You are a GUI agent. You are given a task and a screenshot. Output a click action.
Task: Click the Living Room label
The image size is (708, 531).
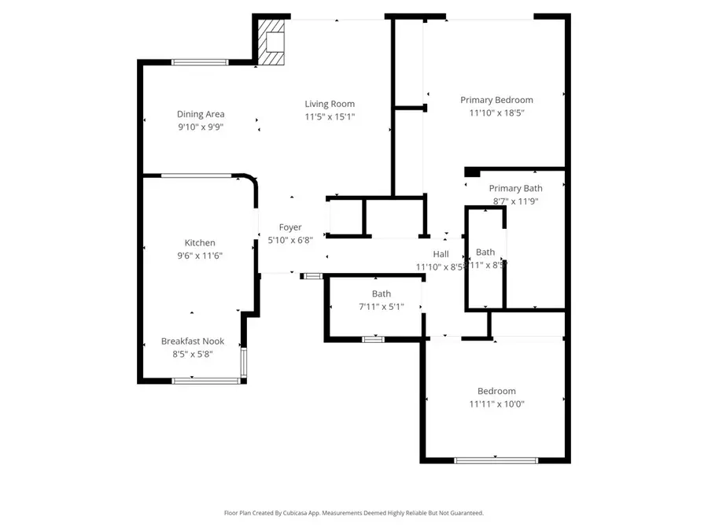[330, 104]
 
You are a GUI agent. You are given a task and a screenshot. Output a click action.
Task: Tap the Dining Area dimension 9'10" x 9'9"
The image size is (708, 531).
[200, 127]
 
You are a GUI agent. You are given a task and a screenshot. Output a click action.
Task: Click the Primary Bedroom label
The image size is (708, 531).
[496, 100]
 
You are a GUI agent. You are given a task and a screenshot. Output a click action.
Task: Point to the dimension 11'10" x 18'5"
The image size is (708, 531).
[496, 112]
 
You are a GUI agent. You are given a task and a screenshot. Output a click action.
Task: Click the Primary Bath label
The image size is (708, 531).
[515, 188]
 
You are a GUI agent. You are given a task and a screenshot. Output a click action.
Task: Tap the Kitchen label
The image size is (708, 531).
[200, 243]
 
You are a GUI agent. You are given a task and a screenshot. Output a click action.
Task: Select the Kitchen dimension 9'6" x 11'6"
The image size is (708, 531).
[200, 255]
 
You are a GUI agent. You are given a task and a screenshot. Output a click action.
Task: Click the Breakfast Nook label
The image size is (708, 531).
[193, 341]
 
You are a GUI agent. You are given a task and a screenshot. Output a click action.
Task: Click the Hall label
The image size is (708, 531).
[441, 254]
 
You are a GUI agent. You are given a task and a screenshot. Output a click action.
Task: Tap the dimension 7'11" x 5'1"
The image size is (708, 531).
[382, 307]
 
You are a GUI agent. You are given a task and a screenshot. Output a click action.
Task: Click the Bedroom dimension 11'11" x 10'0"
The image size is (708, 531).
[496, 404]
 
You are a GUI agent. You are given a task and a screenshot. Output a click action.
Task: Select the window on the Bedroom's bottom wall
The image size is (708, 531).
[496, 460]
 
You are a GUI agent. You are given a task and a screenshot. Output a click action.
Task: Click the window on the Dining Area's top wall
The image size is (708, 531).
[200, 61]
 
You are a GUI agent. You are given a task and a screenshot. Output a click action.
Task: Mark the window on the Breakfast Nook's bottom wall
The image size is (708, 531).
[206, 381]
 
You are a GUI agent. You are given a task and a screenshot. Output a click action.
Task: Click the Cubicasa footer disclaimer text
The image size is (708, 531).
[354, 513]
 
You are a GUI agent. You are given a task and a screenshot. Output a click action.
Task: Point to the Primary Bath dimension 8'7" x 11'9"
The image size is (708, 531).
[515, 201]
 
